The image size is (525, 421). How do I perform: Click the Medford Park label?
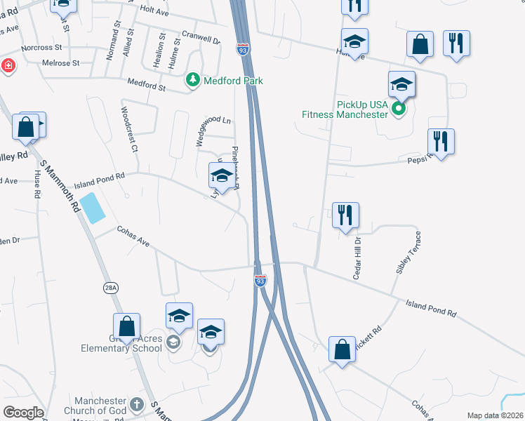pyautogui.click(x=233, y=81)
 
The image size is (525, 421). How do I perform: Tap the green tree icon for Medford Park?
pyautogui.click(x=193, y=81)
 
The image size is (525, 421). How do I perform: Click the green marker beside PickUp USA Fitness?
pyautogui.click(x=398, y=109)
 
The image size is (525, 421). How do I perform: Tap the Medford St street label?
pyautogui.click(x=146, y=88)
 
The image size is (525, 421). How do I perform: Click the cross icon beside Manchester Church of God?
pyautogui.click(x=137, y=405)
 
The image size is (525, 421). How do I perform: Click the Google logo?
pyautogui.click(x=23, y=413)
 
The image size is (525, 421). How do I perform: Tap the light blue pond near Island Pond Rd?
pyautogui.click(x=93, y=208)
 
